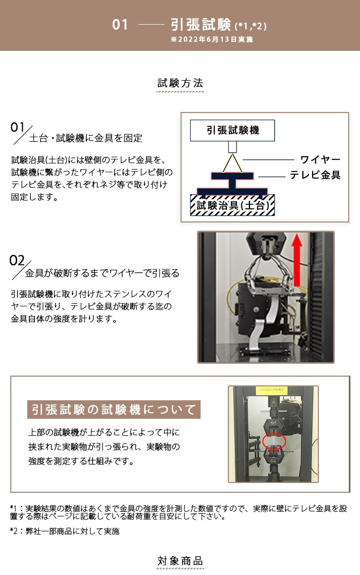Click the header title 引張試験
[x=201, y=25]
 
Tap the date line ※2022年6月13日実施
[x=212, y=39]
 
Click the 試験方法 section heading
[x=180, y=83]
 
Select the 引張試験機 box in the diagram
[x=232, y=130]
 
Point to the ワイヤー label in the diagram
[x=320, y=159]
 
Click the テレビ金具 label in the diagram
[x=315, y=175]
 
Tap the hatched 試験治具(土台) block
[x=232, y=205]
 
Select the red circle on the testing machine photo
[x=274, y=441]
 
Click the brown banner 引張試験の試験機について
[x=114, y=409]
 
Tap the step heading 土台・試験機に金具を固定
[x=85, y=138]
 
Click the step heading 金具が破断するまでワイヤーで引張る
[x=102, y=273]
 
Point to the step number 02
[x=17, y=261]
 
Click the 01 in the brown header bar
[x=120, y=25]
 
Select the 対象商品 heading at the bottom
[x=180, y=561]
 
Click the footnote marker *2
[x=14, y=531]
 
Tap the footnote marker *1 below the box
[x=14, y=508]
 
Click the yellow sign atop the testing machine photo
[x=271, y=390]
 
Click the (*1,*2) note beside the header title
[x=250, y=26]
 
